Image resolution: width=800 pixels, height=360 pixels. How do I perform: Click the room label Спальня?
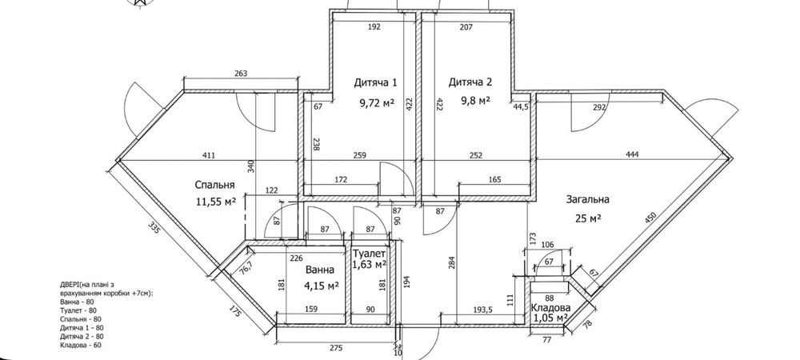pyautogui.click(x=214, y=185)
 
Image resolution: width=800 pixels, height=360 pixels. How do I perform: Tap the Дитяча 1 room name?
pyautogui.click(x=375, y=82)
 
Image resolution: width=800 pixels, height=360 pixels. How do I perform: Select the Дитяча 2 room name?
pyautogui.click(x=470, y=82)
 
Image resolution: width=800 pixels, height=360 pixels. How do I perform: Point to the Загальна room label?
pyautogui.click(x=587, y=199)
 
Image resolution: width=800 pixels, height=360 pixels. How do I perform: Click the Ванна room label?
pyautogui.click(x=320, y=270)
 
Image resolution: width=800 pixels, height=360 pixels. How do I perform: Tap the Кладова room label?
pyautogui.click(x=550, y=308)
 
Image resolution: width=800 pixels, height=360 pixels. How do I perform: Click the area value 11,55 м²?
pyautogui.click(x=216, y=202)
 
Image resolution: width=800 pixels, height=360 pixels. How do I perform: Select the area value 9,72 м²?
pyautogui.click(x=377, y=103)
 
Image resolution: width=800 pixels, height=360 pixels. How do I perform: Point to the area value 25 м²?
pyautogui.click(x=588, y=218)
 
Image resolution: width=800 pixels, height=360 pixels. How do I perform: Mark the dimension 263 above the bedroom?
pyautogui.click(x=241, y=74)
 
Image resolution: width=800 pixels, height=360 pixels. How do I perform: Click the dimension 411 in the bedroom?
pyautogui.click(x=208, y=155)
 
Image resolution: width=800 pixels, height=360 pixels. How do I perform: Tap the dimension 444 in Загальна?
pyautogui.click(x=632, y=154)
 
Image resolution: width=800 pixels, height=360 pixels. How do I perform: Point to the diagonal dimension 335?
pyautogui.click(x=155, y=227)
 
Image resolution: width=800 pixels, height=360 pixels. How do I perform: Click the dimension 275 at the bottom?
pyautogui.click(x=336, y=349)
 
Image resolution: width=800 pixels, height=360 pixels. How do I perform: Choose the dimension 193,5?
pyautogui.click(x=472, y=310)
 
